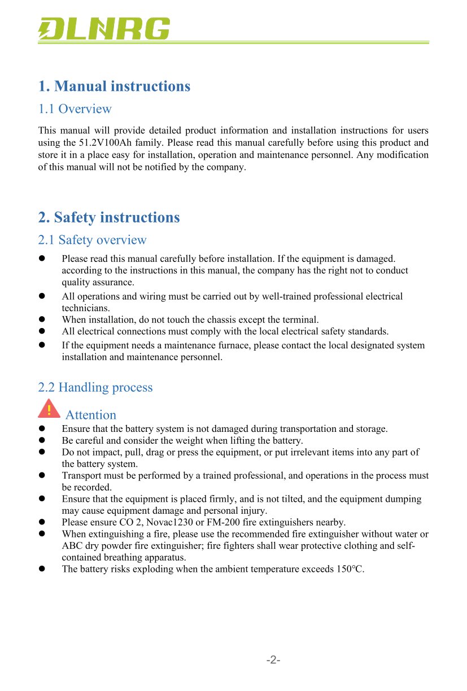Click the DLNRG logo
[x=104, y=29]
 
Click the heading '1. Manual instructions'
[x=114, y=86]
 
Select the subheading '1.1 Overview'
[x=75, y=109]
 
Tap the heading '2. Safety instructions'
[x=109, y=217]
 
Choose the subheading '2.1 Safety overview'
[x=92, y=240]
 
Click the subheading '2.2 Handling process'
[x=95, y=387]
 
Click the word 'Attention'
[x=91, y=415]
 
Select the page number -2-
[x=274, y=660]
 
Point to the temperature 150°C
[x=350, y=569]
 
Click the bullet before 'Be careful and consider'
[x=41, y=440]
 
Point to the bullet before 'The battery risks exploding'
[x=41, y=569]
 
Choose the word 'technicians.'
[x=86, y=308]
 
